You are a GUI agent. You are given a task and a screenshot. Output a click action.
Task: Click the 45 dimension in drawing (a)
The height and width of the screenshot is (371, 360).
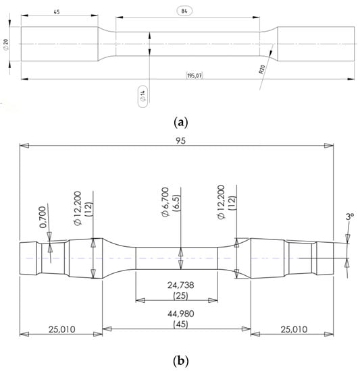57,12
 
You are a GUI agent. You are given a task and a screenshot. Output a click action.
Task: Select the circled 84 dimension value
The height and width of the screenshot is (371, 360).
184,11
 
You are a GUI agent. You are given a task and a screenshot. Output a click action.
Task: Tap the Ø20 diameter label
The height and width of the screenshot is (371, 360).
6,45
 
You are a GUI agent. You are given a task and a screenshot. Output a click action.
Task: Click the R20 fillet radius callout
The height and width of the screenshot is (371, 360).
261,69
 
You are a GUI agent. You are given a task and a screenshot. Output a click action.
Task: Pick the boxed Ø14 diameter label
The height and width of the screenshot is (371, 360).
143,96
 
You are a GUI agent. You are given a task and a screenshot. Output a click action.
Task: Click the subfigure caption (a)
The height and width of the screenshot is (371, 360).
181,123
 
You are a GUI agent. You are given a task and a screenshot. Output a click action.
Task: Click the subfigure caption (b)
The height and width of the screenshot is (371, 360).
181,361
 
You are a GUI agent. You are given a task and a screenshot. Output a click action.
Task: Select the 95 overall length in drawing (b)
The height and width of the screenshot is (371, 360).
181,141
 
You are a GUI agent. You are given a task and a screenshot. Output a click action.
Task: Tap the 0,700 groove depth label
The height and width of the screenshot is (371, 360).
43,217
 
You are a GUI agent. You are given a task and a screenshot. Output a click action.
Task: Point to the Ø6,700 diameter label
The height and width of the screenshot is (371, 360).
165,202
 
